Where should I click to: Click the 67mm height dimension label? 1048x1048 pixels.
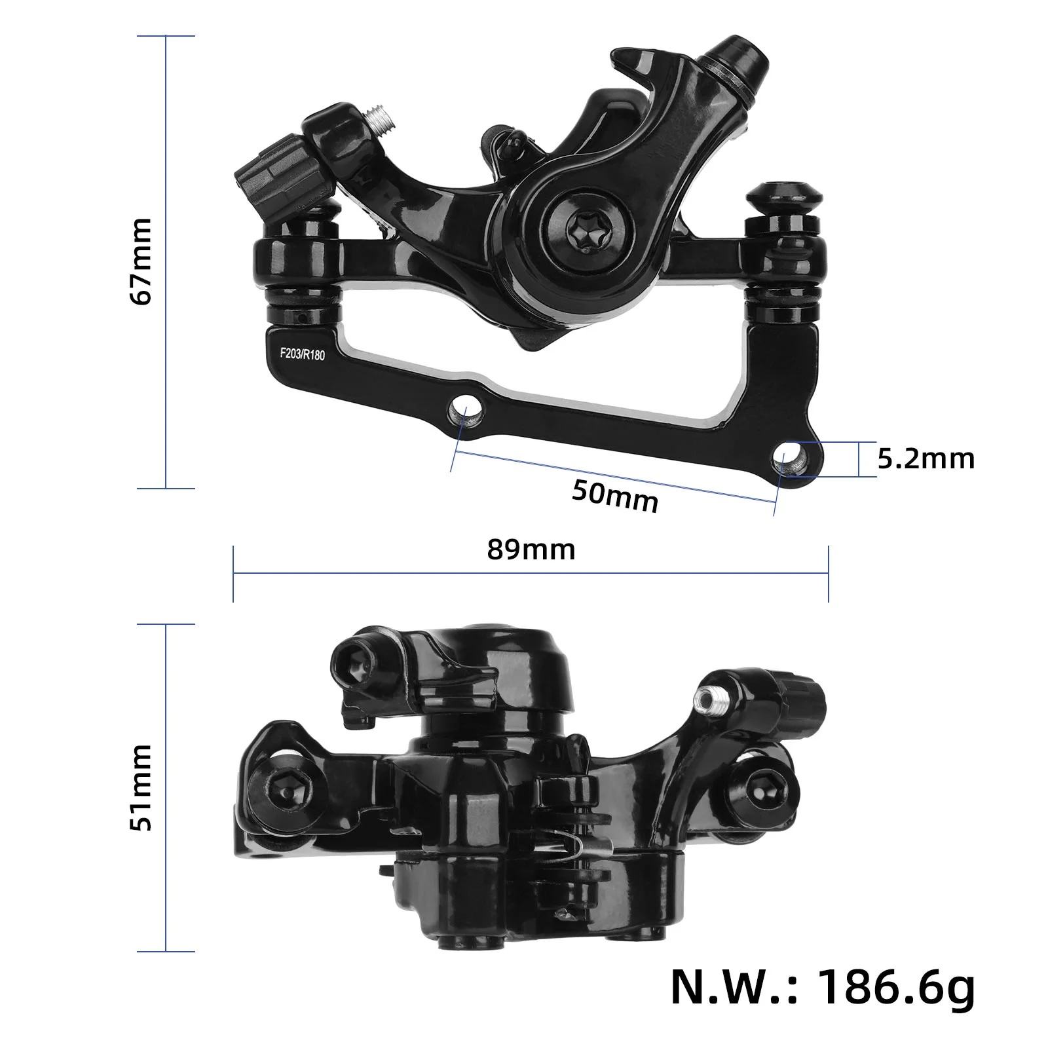coord(141,261)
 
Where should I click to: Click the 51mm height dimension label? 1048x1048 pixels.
coord(141,787)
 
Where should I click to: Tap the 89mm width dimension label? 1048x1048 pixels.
coord(531,550)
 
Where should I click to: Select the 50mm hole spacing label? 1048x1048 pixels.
coord(614,496)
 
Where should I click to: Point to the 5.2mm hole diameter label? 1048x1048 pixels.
coord(926,459)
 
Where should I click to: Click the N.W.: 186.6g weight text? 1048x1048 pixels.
coord(823,988)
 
